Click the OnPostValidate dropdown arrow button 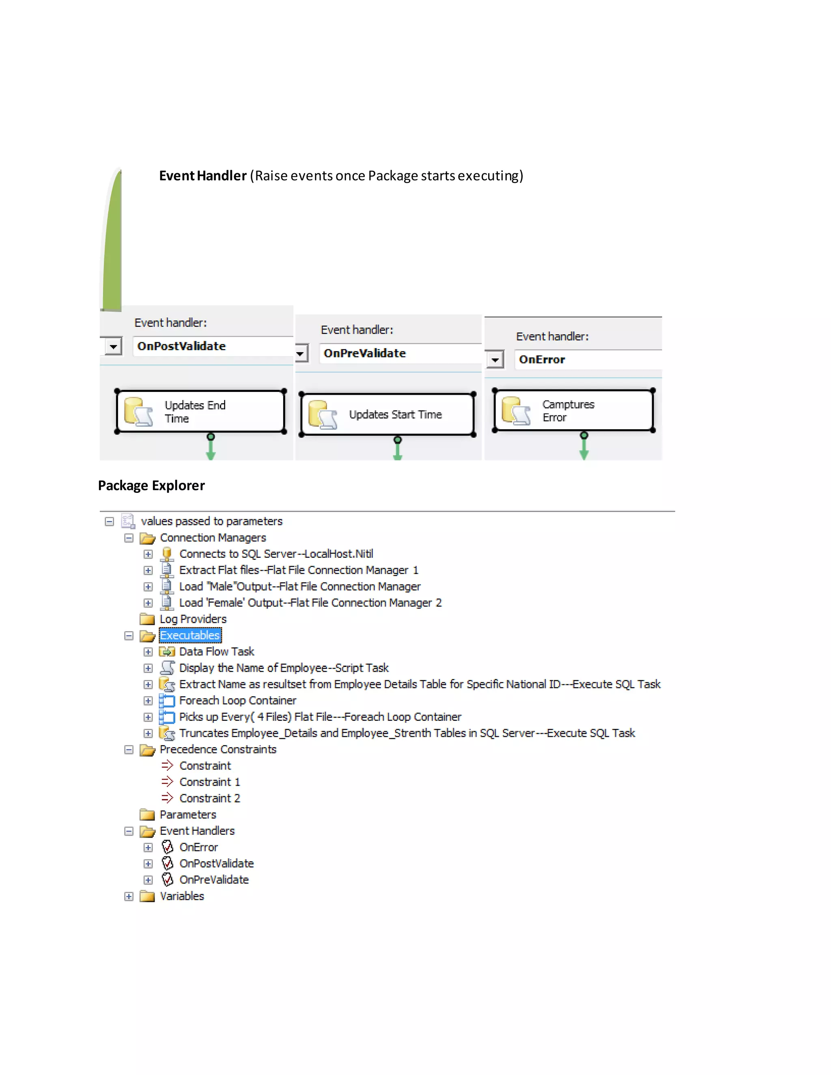tap(113, 346)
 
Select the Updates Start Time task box tap(387, 415)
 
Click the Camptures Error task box tap(573, 411)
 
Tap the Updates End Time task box tap(200, 411)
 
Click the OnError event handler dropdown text tap(542, 360)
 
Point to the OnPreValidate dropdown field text tap(364, 353)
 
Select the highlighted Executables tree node tap(190, 635)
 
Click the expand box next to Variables tap(129, 897)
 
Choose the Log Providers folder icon tap(147, 619)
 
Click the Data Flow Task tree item tap(217, 652)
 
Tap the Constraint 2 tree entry tap(210, 798)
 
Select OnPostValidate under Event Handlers tap(216, 863)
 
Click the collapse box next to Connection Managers tap(129, 538)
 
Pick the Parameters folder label tap(187, 815)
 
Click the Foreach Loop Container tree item tap(238, 701)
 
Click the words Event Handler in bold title tap(202, 176)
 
